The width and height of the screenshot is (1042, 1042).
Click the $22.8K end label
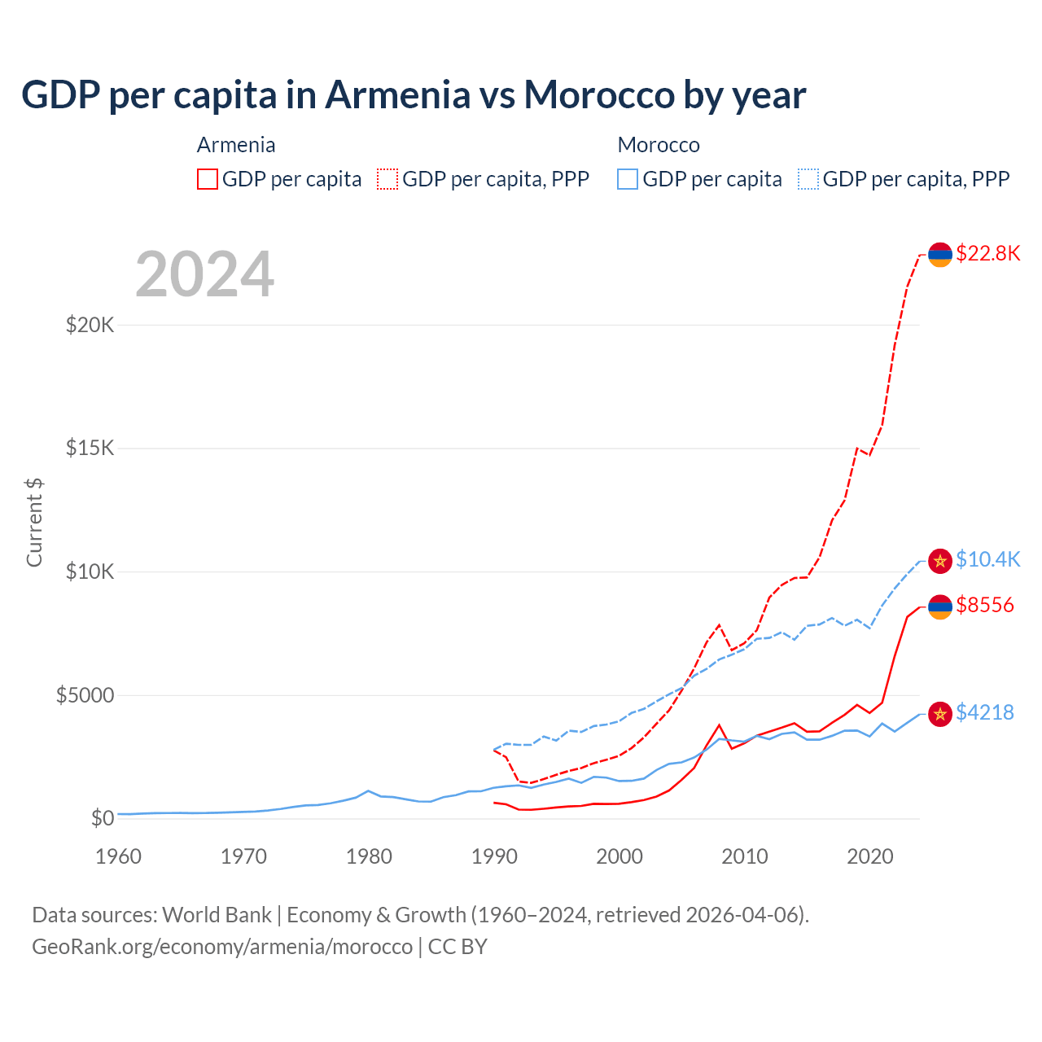(x=987, y=253)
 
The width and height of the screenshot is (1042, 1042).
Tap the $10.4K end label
(x=987, y=559)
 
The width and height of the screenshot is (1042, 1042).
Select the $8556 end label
(x=984, y=605)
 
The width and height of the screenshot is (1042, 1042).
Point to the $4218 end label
(x=984, y=712)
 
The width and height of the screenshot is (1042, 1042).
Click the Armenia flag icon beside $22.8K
(x=940, y=254)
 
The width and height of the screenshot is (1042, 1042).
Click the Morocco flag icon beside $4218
(x=940, y=714)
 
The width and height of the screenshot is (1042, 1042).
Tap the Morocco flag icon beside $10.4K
(x=940, y=560)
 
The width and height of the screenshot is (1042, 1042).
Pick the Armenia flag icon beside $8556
(x=940, y=606)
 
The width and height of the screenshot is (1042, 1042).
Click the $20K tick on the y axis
(x=90, y=325)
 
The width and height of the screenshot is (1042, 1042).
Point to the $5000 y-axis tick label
(x=85, y=695)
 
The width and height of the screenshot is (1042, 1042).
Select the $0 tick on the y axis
(x=102, y=818)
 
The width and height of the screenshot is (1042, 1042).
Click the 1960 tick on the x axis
(x=118, y=856)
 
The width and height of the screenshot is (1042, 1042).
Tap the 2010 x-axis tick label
(x=745, y=856)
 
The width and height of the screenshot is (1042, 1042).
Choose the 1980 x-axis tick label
(x=369, y=856)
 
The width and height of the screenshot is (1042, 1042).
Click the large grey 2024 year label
(x=204, y=274)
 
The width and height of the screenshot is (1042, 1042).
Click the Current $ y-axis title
(x=34, y=522)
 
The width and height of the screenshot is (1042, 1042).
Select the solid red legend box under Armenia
(x=208, y=179)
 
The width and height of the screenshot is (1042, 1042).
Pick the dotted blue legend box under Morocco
(x=808, y=179)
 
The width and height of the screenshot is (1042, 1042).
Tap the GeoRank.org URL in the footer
(x=221, y=947)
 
